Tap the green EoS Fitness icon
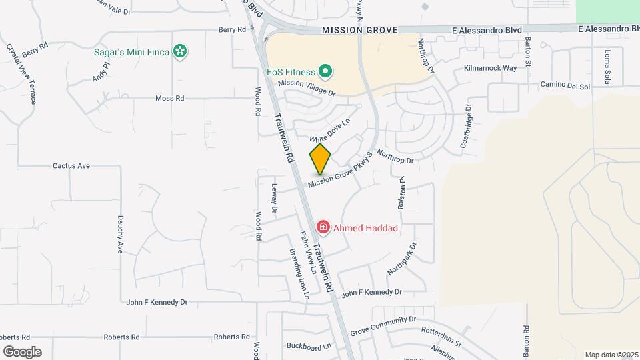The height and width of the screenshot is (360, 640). [325, 71]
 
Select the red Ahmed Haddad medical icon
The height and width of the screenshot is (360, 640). [323, 228]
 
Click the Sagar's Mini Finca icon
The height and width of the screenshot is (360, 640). [179, 51]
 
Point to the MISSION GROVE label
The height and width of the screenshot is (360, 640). [359, 31]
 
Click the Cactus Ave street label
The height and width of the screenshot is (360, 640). [71, 165]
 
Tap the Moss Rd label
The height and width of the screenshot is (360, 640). [169, 98]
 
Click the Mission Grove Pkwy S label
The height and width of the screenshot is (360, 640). [339, 175]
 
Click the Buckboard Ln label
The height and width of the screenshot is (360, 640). [309, 346]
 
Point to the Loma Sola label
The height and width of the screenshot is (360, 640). [607, 67]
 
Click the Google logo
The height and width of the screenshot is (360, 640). [22, 352]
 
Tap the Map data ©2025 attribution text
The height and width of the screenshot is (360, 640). [610, 355]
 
